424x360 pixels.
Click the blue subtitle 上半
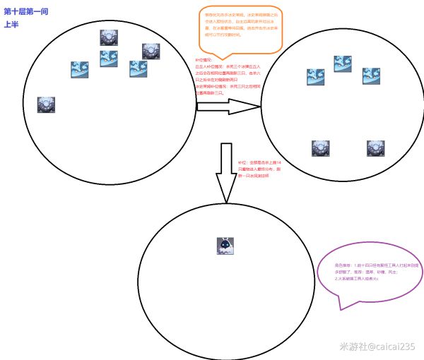(x=11, y=24)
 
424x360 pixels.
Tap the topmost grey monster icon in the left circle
(x=107, y=38)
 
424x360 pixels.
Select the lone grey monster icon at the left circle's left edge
(x=47, y=105)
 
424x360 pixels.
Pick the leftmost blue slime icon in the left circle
(x=79, y=70)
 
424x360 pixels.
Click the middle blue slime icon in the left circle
(x=109, y=59)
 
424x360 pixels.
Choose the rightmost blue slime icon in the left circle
(x=138, y=69)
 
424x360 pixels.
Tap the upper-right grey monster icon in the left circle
(x=151, y=52)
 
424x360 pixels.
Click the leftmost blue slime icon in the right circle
(x=315, y=77)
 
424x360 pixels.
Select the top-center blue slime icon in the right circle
(x=343, y=65)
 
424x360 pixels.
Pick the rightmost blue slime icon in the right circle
(x=371, y=76)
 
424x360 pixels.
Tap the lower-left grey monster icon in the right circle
(x=320, y=148)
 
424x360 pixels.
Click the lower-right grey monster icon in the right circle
(x=375, y=148)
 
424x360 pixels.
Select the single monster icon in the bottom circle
(x=225, y=246)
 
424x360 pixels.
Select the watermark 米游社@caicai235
(x=377, y=347)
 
